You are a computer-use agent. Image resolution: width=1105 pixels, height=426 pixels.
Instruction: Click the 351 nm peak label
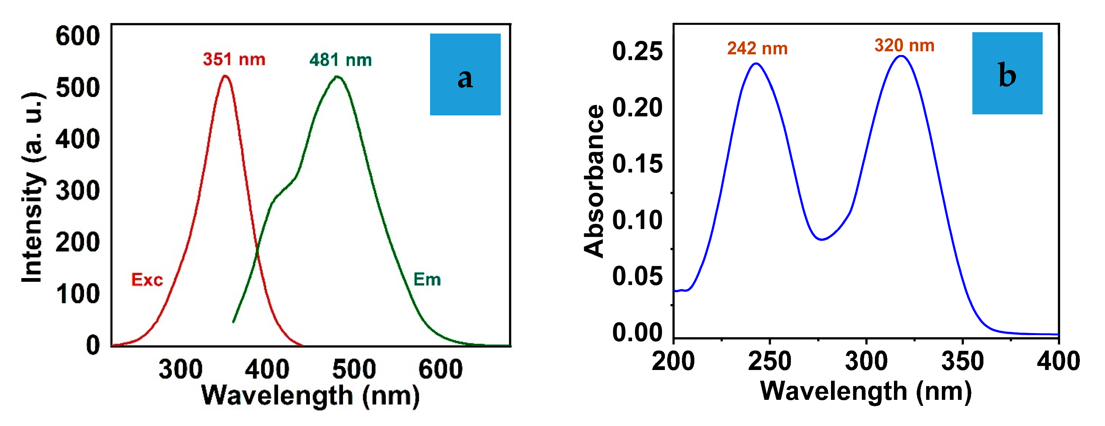(x=234, y=59)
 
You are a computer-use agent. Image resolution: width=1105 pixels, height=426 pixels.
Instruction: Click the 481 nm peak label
(x=341, y=60)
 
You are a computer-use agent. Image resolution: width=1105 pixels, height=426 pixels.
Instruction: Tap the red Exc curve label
(x=147, y=279)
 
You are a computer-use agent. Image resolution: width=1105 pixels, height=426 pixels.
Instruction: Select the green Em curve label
(x=427, y=279)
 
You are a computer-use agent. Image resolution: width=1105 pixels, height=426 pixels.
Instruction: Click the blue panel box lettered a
(x=465, y=74)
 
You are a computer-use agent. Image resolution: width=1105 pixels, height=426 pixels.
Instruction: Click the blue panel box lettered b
(x=1007, y=73)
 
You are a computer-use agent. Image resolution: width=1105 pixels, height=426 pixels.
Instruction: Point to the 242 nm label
(x=757, y=49)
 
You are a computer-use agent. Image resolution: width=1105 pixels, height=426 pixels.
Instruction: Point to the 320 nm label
(x=904, y=46)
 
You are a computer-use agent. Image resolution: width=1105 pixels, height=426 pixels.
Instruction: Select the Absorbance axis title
(x=594, y=181)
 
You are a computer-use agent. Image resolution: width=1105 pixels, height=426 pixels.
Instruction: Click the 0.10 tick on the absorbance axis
(x=637, y=220)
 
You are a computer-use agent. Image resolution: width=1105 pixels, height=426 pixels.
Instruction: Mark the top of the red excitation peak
(x=225, y=76)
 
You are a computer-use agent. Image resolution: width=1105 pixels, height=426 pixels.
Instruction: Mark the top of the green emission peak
(x=337, y=77)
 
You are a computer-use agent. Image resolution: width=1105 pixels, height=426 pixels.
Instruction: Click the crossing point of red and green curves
(x=257, y=252)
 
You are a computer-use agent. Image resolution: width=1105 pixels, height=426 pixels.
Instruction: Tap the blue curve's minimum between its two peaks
(x=821, y=239)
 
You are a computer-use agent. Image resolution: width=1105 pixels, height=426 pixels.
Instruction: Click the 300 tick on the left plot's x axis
(x=180, y=369)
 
